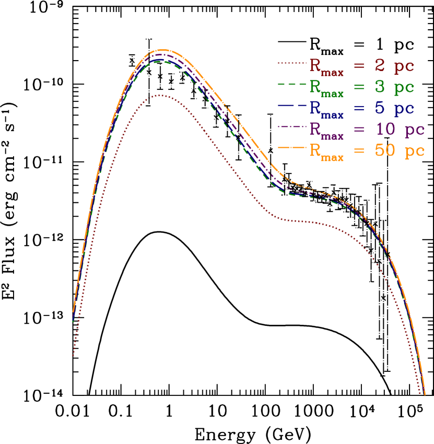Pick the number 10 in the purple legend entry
pos(384,130)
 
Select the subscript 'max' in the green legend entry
pos(333,95)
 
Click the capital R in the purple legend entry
pos(315,128)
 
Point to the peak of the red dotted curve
pos(160,95)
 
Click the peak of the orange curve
pos(163,50)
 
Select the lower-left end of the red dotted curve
pos(73,356)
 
